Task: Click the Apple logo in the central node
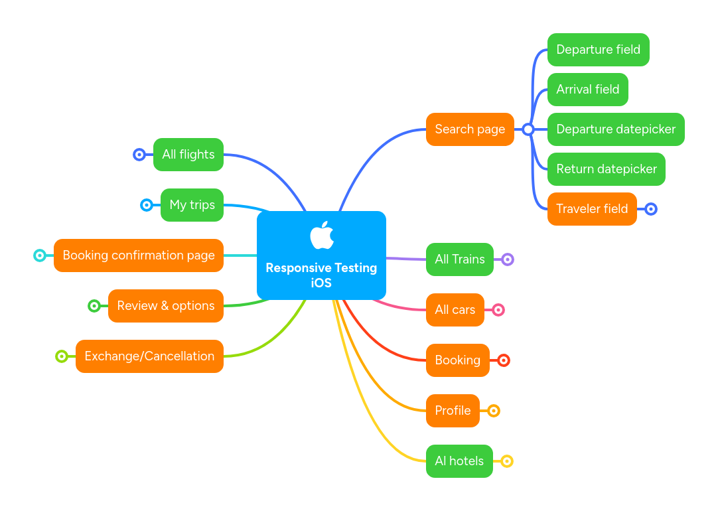click(x=321, y=236)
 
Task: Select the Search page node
click(x=470, y=129)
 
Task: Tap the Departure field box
click(x=598, y=50)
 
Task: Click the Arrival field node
click(x=587, y=90)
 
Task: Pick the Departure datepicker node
click(x=615, y=129)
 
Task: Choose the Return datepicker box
click(x=606, y=169)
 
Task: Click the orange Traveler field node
click(x=591, y=209)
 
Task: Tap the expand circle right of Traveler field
click(x=651, y=209)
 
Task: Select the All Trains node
click(x=459, y=259)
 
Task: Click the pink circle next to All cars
click(x=498, y=310)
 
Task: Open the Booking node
click(x=457, y=360)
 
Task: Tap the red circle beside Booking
click(x=504, y=360)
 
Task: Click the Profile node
click(x=453, y=411)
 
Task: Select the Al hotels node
click(x=459, y=461)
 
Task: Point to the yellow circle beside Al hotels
click(x=506, y=461)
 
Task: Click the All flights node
click(x=188, y=155)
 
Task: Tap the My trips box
click(x=192, y=205)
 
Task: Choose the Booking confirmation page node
click(x=138, y=256)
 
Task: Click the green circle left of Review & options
click(x=94, y=306)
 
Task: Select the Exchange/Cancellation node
click(x=149, y=356)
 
